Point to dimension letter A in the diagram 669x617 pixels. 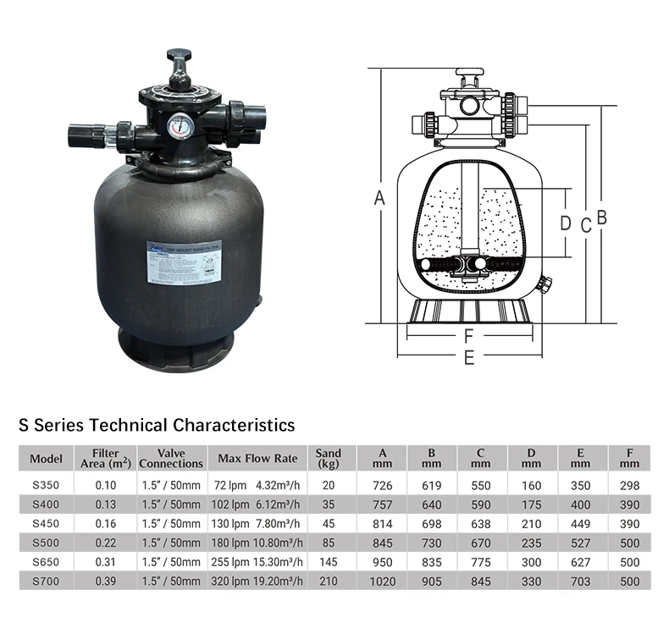tap(380, 198)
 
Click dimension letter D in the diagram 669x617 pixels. tap(566, 223)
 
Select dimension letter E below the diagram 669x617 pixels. tap(468, 357)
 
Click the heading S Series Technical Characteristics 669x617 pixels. tap(157, 424)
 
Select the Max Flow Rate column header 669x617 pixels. tap(257, 459)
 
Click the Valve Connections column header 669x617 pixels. tap(171, 459)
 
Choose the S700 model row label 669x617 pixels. tap(47, 581)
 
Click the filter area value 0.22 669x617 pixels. tap(106, 543)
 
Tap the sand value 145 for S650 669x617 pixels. tap(329, 562)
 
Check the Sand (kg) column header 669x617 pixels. tap(329, 459)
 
